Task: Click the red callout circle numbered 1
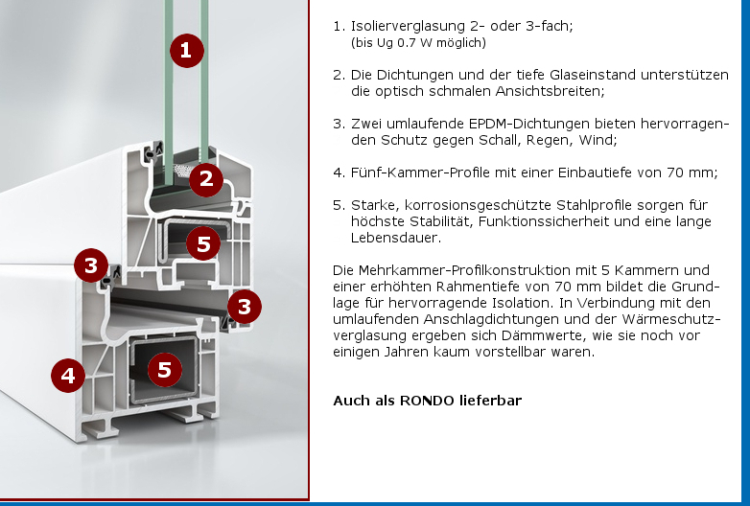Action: tap(187, 50)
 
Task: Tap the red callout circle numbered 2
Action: tap(206, 179)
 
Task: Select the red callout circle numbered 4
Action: tap(68, 376)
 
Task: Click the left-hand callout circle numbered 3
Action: tap(91, 265)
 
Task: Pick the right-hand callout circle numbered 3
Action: tap(245, 307)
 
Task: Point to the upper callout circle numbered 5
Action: tap(203, 243)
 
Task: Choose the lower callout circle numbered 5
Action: tap(165, 369)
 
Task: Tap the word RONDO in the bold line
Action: tap(427, 401)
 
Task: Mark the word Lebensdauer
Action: tap(395, 238)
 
